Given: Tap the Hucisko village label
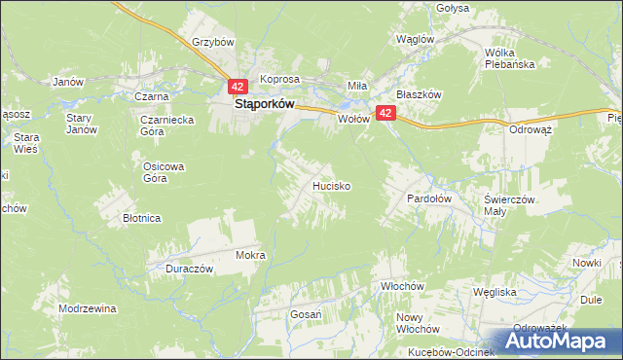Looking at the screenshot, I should click(x=331, y=184).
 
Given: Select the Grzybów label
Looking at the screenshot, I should click(x=214, y=43).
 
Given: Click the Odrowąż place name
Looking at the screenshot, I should click(x=531, y=128).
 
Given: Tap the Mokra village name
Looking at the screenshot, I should click(x=250, y=255).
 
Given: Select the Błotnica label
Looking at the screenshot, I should click(x=141, y=218).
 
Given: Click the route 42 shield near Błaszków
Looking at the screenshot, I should click(x=386, y=114).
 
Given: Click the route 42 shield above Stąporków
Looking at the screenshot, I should click(x=240, y=86).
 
